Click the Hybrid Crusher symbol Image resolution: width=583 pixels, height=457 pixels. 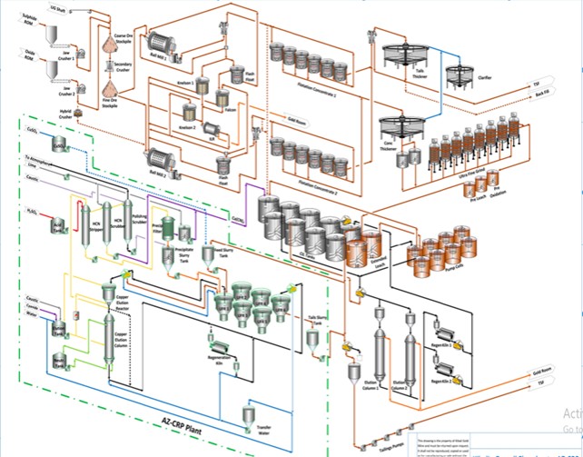click(77, 112)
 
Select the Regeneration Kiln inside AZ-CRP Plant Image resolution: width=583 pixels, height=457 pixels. click(218, 344)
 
